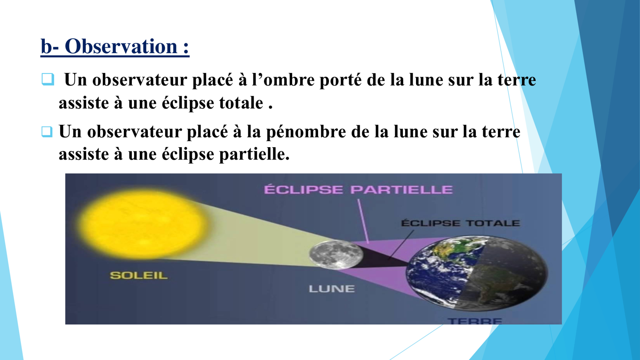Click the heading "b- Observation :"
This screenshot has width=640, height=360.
pos(115,47)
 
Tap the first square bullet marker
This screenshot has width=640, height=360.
pos(48,79)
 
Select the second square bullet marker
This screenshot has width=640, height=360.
pos(47,132)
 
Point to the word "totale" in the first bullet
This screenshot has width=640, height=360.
pos(241,103)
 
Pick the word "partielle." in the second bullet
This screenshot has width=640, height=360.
pos(254,154)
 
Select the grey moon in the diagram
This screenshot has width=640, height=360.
pos(335,254)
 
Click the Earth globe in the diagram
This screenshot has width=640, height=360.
pos(477,273)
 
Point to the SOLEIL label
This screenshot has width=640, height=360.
pos(139,275)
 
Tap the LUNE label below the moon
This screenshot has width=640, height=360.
pos(331,289)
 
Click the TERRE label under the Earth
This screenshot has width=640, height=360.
pos(475,321)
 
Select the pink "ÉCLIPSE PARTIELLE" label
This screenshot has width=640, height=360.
pos(358,189)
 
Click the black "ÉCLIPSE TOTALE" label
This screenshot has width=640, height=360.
pos(460,223)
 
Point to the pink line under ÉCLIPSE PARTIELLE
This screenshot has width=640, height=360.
pos(363,221)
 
